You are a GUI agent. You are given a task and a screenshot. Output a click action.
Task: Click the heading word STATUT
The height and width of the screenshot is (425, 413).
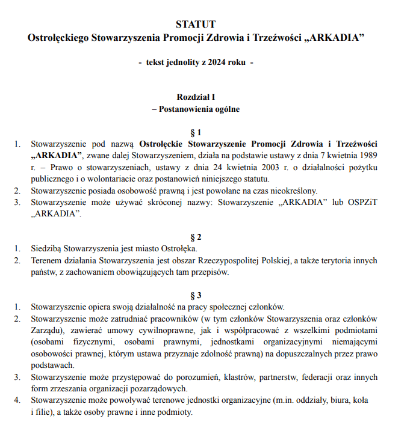click(x=195, y=25)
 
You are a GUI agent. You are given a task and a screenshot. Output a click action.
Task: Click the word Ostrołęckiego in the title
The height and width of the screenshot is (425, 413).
click(x=58, y=38)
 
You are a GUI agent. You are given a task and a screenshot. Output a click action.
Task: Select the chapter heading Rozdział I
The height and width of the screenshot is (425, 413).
click(x=196, y=97)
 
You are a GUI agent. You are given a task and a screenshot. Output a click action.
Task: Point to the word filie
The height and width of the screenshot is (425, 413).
click(x=46, y=412)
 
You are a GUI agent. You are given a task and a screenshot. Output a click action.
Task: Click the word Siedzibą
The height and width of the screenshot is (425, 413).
click(x=48, y=248)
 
